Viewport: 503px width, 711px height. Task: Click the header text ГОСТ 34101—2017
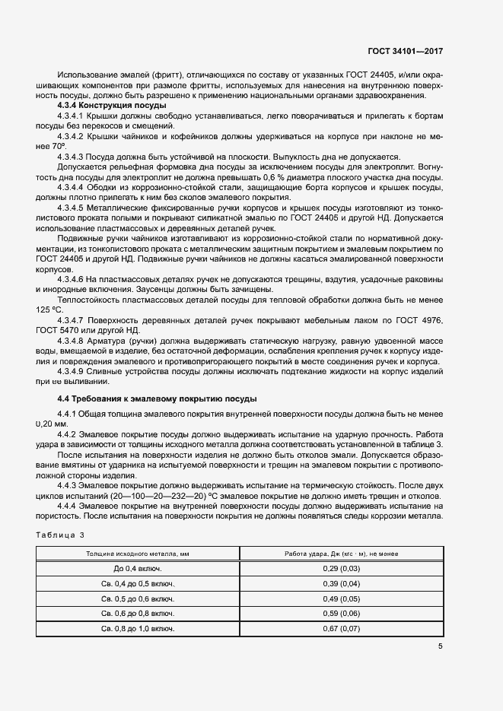click(405, 51)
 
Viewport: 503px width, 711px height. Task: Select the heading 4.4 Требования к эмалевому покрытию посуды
click(158, 398)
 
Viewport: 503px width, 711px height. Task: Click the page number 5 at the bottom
click(441, 647)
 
